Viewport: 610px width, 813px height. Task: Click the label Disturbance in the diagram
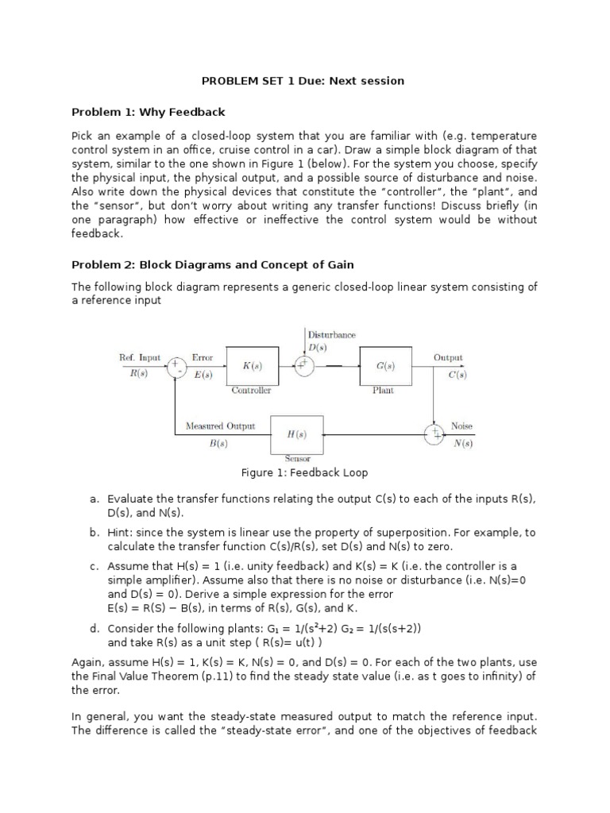coord(332,335)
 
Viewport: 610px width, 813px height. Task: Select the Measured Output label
coord(220,426)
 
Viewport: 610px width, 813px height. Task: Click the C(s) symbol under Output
coord(457,375)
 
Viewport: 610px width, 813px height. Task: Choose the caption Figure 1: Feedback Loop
coord(304,472)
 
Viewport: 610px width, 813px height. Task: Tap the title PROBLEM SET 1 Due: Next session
coord(303,80)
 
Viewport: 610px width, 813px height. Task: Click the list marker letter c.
coord(94,566)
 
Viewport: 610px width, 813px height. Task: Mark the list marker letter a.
coord(94,499)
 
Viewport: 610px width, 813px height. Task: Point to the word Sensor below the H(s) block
coord(297,459)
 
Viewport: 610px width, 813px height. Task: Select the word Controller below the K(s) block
coord(251,391)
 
